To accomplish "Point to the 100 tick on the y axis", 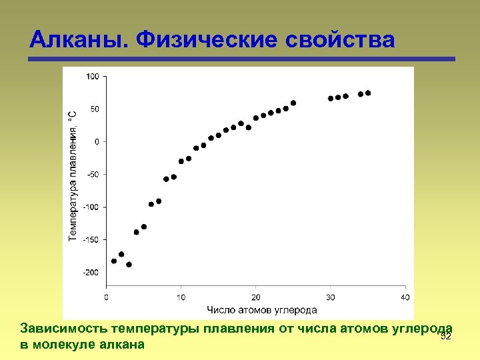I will point(92,76).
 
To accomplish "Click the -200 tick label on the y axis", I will point(91,273).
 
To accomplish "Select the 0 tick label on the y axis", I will point(96,141).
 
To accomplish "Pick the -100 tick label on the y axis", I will point(91,207).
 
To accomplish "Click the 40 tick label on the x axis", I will point(405,297).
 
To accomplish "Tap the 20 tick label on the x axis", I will point(255,297).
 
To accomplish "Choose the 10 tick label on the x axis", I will point(181,297).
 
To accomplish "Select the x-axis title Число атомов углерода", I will point(261,309).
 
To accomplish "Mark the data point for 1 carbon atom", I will point(114,261).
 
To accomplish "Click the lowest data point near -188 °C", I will point(129,264).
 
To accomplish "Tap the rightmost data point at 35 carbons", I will point(368,93).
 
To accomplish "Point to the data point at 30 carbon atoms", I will point(331,99).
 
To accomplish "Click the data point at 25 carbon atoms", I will point(293,103).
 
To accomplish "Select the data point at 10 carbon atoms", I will point(181,161).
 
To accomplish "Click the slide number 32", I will point(446,336).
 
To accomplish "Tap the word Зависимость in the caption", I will point(65,329).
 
